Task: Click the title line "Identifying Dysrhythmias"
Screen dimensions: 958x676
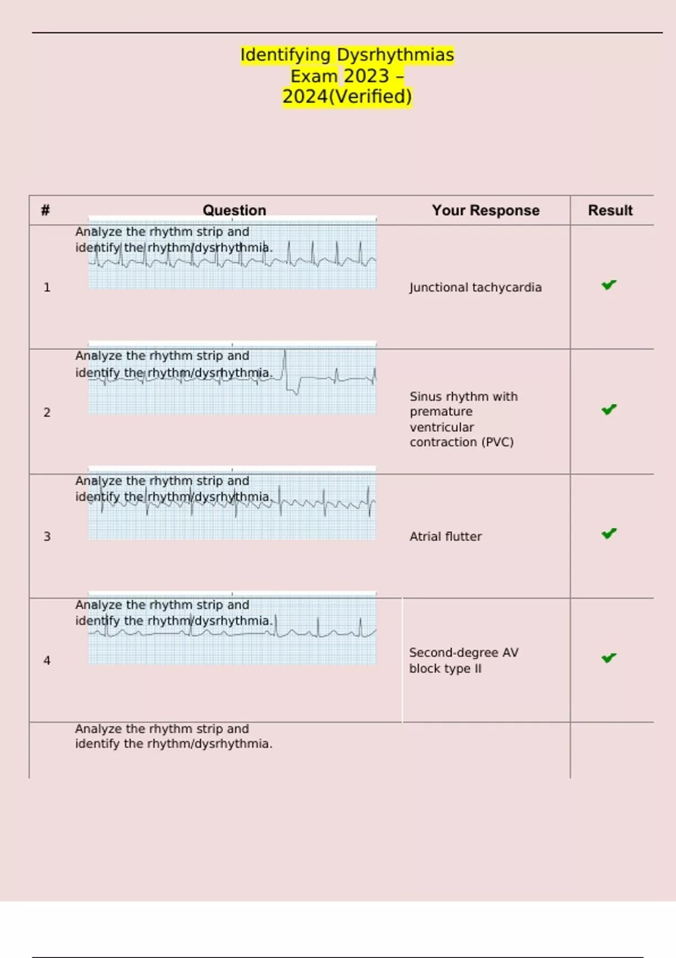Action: coord(347,55)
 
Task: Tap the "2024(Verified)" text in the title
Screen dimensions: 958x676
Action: coord(347,96)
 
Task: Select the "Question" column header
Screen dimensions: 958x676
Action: coord(234,210)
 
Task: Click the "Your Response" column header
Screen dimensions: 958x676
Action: coord(486,210)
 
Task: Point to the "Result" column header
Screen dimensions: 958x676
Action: coord(610,210)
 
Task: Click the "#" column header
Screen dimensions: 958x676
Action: coord(46,210)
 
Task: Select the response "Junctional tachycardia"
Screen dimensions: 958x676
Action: coord(475,287)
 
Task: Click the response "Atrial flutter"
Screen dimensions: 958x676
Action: coord(446,536)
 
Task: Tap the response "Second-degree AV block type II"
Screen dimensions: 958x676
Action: coord(463,660)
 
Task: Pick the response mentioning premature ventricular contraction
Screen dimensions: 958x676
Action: coord(463,419)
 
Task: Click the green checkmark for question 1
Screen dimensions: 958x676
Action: coord(609,285)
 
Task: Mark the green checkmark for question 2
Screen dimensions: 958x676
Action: coord(609,410)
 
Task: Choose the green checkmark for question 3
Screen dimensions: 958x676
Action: coord(609,534)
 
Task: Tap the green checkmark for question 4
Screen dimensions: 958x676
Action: coord(609,658)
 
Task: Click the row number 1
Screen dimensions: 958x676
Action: coord(47,287)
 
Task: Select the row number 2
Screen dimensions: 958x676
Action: coord(47,413)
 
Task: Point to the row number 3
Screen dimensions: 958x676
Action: coord(47,536)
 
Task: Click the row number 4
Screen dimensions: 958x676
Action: coord(47,660)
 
